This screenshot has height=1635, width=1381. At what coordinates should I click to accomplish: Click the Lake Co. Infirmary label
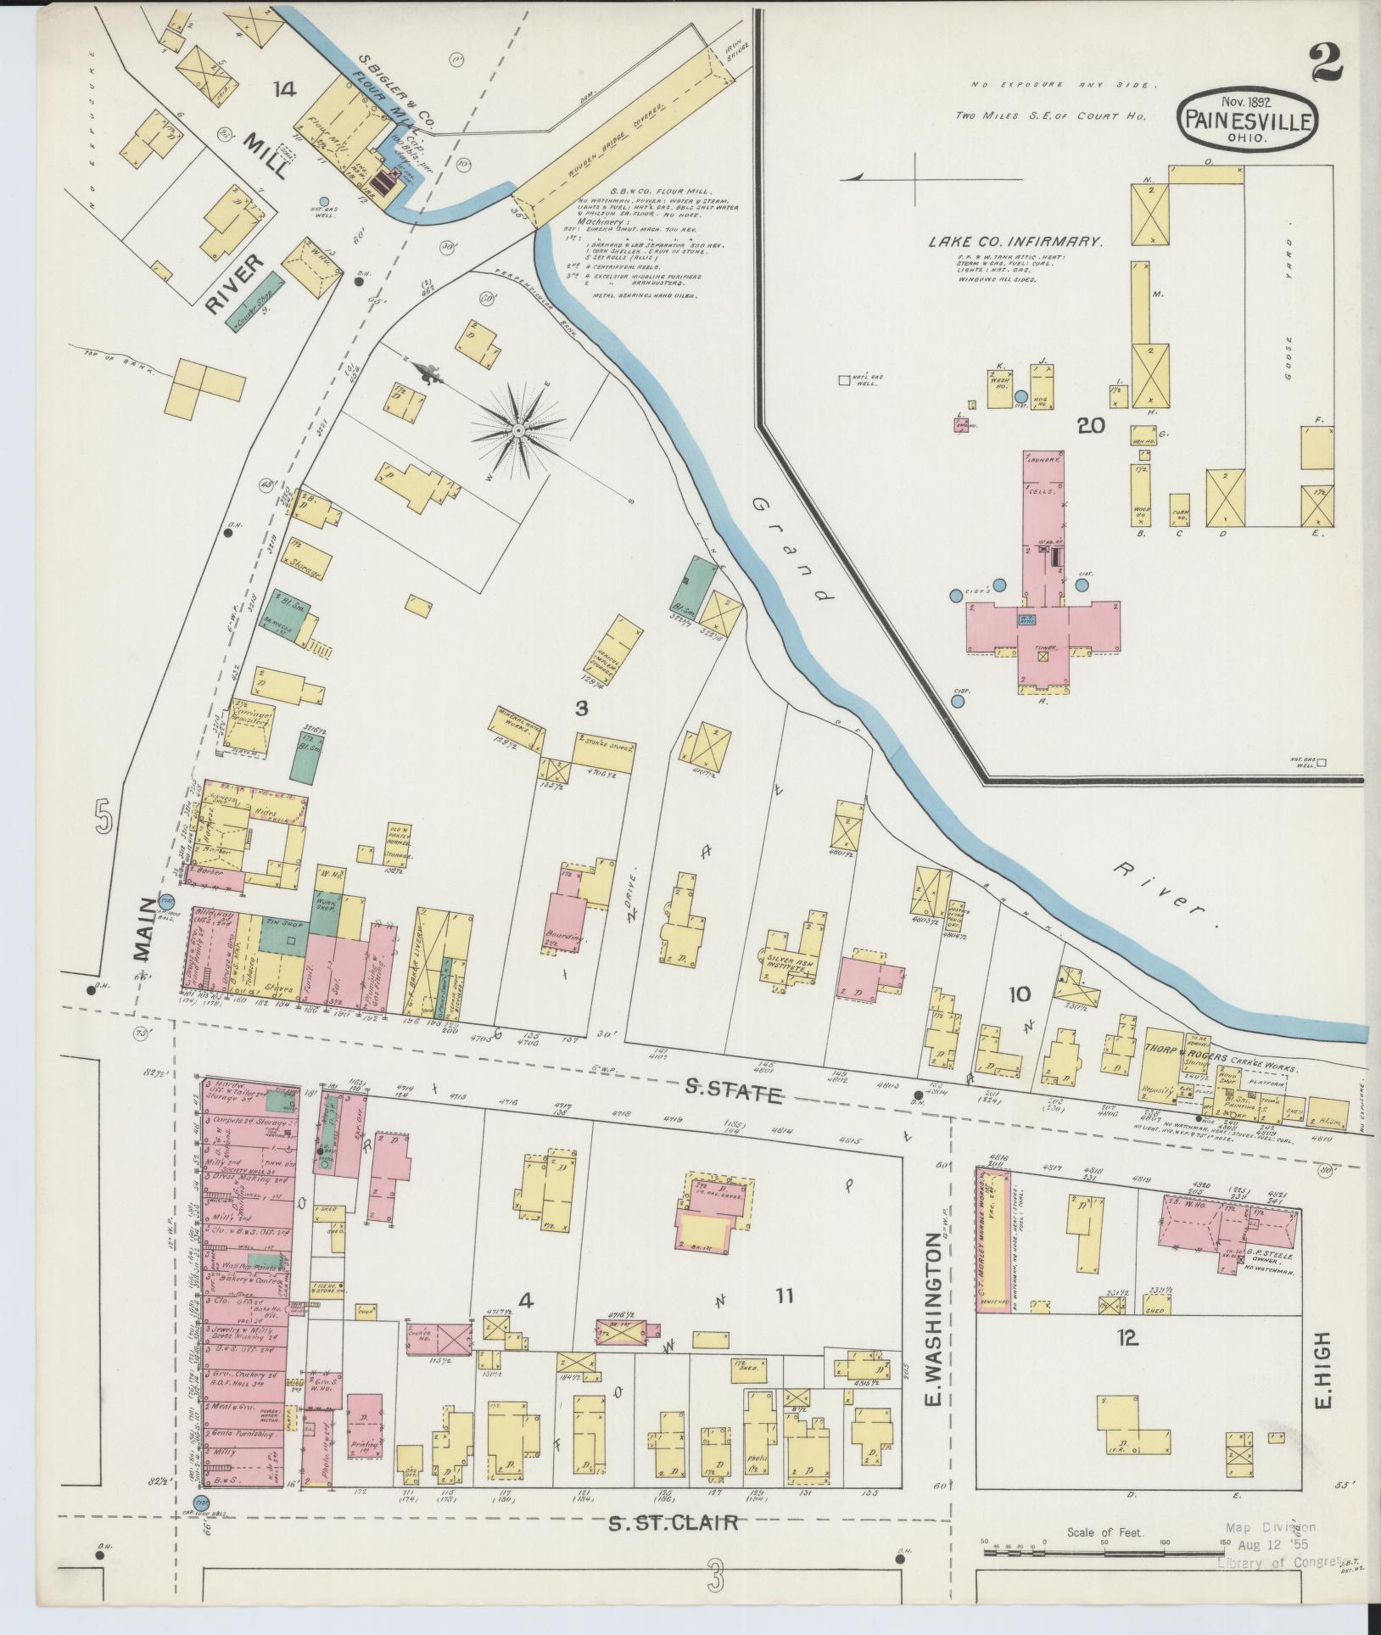(1015, 242)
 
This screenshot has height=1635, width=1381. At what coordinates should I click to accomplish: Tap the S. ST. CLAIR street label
(673, 1523)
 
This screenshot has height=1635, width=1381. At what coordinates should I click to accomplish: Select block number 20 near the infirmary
(1090, 426)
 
